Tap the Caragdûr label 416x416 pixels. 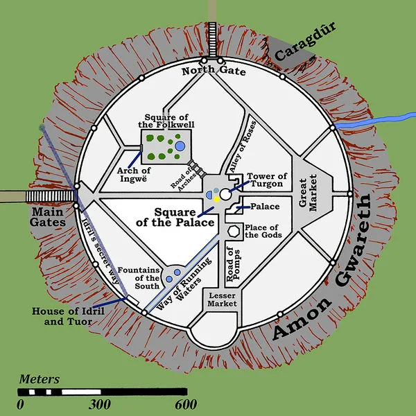pos(302,43)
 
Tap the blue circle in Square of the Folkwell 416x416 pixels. pos(180,146)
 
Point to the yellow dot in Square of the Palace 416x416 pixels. pos(216,198)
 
